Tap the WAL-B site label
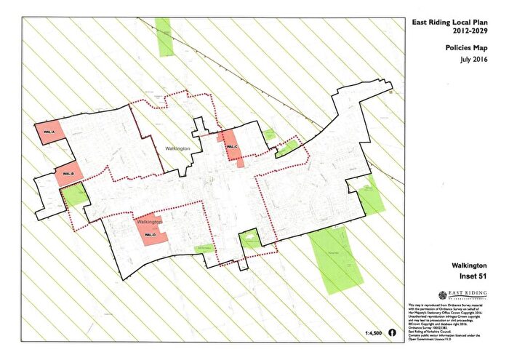coord(65,175)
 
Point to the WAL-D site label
coord(150,235)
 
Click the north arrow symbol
coord(393,332)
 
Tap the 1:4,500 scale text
coord(373,332)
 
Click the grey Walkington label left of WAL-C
coord(177,148)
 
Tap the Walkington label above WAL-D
coord(148,221)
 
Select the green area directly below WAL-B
coord(76,195)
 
